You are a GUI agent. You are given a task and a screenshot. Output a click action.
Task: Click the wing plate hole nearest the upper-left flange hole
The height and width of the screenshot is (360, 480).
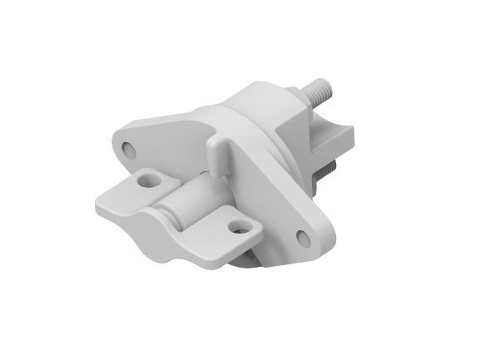click(149, 178)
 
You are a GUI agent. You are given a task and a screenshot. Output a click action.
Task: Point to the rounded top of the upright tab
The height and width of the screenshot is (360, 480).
click(215, 142)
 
